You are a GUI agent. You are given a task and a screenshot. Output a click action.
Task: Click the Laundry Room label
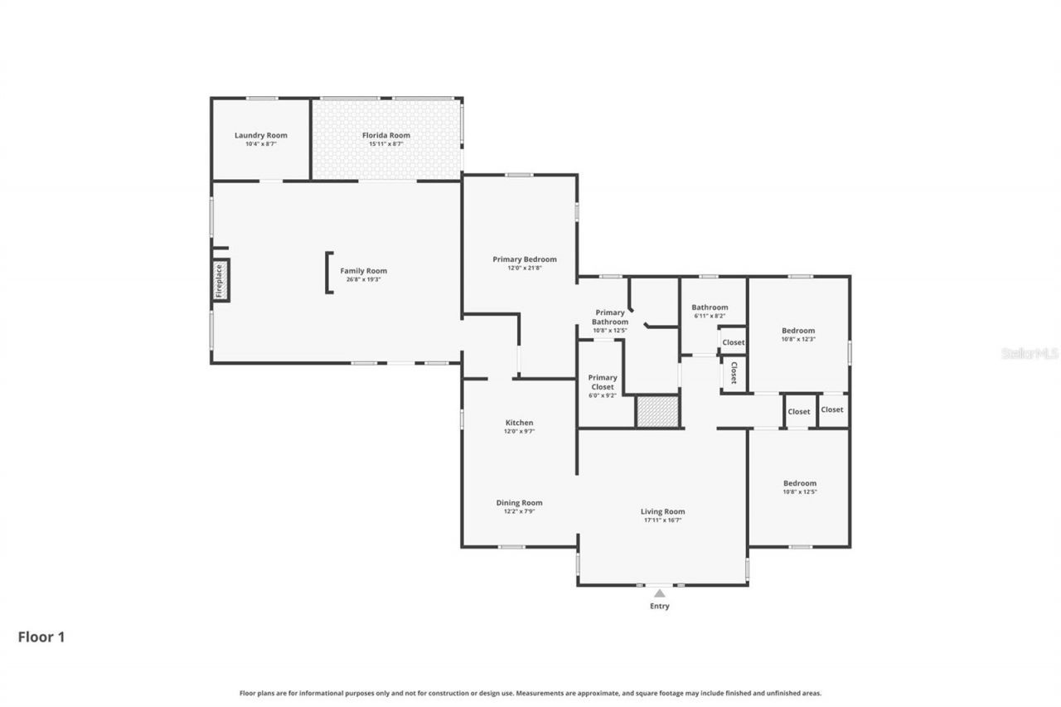coord(260,135)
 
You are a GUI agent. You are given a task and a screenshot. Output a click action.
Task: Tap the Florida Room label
coord(385,135)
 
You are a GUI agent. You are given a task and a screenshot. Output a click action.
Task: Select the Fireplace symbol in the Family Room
coord(220,280)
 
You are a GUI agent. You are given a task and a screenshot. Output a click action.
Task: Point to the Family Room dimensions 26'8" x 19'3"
coord(363,279)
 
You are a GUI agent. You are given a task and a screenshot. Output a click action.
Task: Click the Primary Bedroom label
coord(524,259)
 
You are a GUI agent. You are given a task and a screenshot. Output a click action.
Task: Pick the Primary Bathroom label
coord(609,317)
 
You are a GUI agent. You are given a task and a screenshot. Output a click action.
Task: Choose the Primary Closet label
coord(603,382)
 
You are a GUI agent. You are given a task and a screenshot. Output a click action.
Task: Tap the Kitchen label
coord(519,423)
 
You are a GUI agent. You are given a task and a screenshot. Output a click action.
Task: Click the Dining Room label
coord(519,502)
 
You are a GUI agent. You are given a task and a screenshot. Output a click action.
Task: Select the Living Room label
coord(662,511)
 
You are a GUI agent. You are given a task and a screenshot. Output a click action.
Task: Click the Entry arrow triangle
coord(659,593)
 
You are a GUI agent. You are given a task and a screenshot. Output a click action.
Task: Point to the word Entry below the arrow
coord(659,606)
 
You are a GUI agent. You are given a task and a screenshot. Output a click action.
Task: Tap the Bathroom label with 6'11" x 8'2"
coord(710,307)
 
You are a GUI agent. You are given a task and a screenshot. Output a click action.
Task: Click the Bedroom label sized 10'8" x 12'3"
coord(798,331)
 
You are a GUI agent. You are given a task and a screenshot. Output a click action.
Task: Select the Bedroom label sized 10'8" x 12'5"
coord(800,483)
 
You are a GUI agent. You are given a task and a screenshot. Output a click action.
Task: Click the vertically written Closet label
coord(734,373)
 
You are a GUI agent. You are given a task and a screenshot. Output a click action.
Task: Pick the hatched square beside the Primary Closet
coord(656,412)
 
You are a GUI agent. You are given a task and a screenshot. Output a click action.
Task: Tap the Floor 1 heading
coord(41,637)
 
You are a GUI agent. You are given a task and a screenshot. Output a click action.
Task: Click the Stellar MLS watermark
coord(1030,353)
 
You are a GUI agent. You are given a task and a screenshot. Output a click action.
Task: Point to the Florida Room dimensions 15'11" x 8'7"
coord(385,144)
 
